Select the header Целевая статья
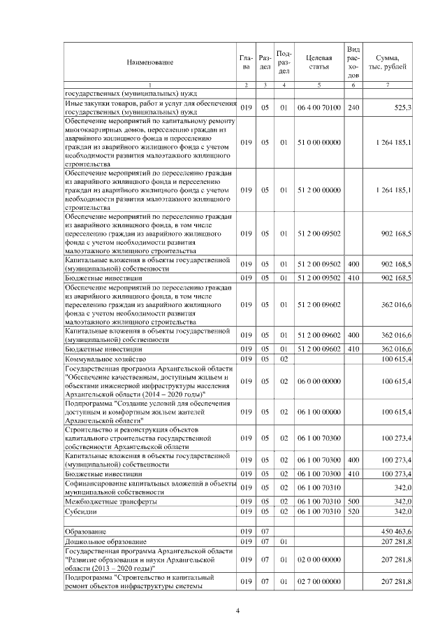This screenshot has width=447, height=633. pos(318,62)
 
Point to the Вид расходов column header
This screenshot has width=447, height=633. pos(353,62)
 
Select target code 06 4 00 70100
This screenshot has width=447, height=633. pos(318,108)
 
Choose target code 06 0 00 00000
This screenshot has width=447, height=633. pos(318,381)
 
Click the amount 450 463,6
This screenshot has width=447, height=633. pos(397,532)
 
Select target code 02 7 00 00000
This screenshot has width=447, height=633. pos(318,582)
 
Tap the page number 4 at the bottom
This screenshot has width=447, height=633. pos(237,612)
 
